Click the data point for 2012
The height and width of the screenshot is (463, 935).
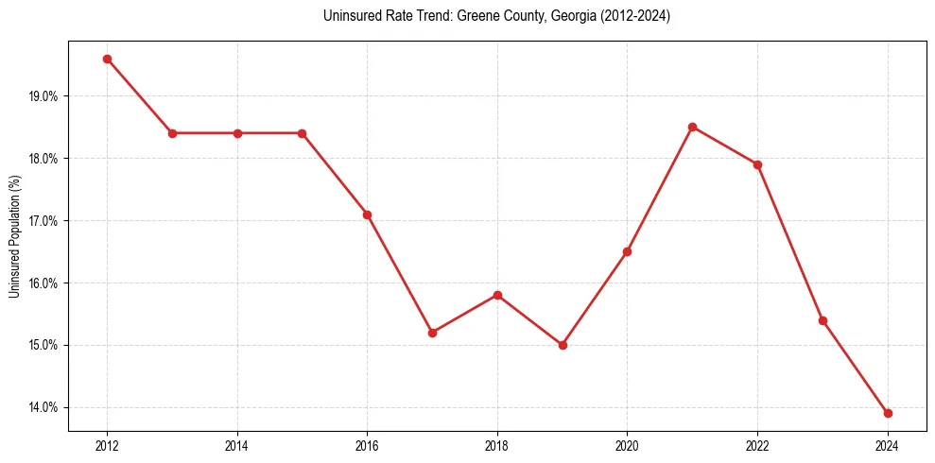107,59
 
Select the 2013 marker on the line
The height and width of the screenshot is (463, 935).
172,133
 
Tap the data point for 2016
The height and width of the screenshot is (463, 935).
367,214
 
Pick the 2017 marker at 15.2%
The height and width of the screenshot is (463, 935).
432,333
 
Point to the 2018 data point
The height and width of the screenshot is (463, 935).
497,295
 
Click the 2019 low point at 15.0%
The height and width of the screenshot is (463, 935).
563,345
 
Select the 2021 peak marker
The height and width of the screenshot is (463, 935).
692,127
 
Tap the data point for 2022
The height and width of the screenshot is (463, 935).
757,164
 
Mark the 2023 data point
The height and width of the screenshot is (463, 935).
822,320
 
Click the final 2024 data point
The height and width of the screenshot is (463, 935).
888,413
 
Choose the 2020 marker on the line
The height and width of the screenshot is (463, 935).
627,251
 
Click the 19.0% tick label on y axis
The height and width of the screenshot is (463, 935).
43,96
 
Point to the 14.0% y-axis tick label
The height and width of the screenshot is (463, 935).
43,407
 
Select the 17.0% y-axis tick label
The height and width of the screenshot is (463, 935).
43,221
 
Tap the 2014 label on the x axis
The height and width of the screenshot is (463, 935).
237,446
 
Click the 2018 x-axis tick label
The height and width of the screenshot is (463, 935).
497,446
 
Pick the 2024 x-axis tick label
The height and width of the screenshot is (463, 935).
888,446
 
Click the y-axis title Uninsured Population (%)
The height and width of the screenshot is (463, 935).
14,236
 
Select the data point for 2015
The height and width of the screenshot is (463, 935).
302,133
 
